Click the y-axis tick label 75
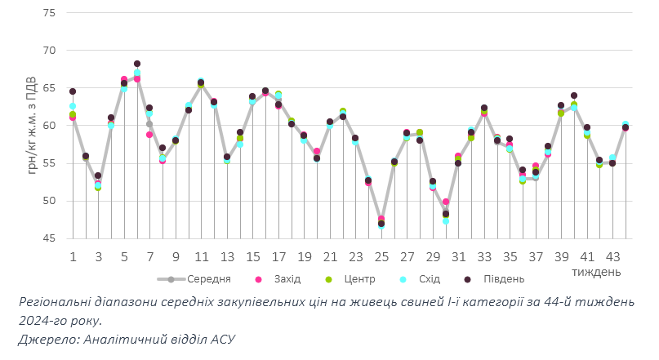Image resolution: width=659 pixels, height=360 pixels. pos(48,13)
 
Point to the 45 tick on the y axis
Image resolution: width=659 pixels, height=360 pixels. pos(48,238)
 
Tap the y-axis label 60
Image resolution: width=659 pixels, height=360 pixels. pos(48,126)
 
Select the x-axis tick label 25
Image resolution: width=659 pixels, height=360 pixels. pos(381,256)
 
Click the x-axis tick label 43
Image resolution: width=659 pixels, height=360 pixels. pos(612,256)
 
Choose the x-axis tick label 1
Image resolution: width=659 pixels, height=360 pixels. pos(73,256)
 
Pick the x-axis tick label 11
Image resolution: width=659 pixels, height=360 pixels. pos(201,256)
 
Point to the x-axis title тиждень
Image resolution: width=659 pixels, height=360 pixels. pos(596,271)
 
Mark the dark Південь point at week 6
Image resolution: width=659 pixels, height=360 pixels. pos(137,64)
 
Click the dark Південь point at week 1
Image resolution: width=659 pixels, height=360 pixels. pos(73,91)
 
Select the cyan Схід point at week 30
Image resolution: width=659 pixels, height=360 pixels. pos(446,221)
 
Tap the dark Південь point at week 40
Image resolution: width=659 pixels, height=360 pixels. pos(574,96)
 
